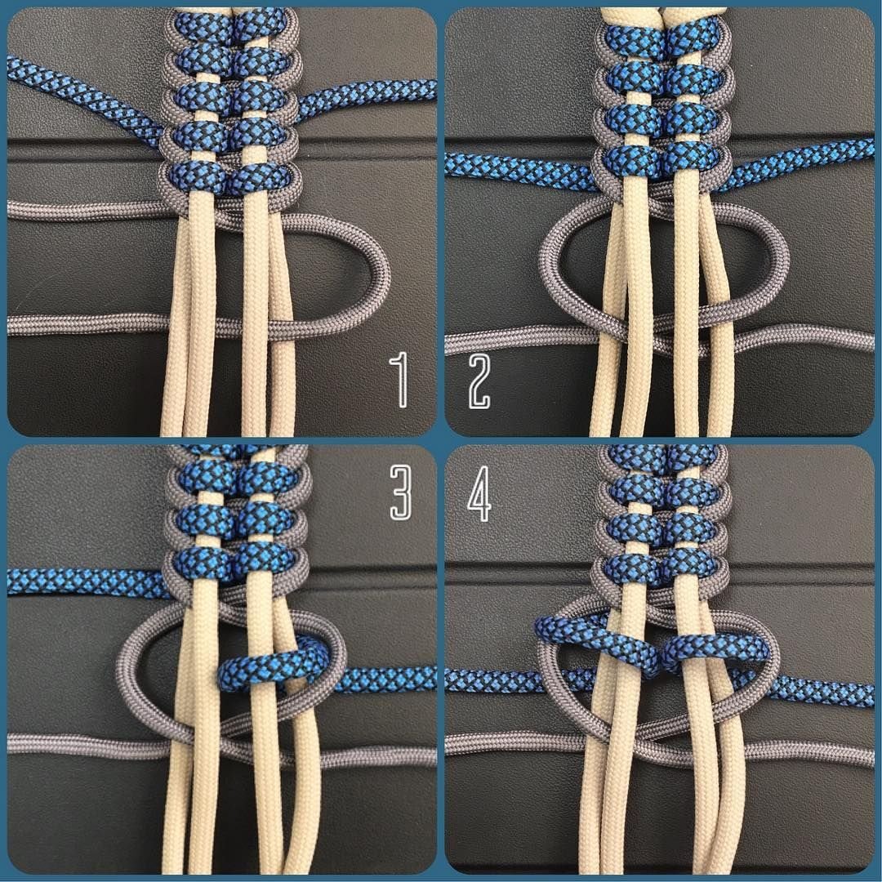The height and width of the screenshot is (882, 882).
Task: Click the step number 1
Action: [400, 380]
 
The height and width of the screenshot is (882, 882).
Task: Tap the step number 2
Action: [479, 381]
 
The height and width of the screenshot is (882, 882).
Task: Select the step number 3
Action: [400, 492]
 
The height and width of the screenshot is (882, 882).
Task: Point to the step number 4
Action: [480, 493]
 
